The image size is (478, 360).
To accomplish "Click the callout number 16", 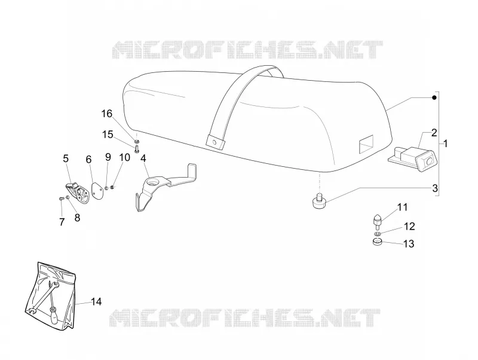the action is click(x=107, y=114).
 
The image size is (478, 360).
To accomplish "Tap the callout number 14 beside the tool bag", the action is click(x=96, y=302).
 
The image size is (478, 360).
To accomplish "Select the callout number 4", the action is click(x=143, y=158).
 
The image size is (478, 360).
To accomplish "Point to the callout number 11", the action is click(x=402, y=207).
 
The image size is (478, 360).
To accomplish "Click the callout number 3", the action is click(x=435, y=188).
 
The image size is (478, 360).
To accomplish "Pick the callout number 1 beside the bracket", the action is click(x=445, y=143).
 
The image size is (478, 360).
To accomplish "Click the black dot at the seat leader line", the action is click(x=434, y=97).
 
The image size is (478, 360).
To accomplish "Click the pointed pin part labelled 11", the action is click(x=377, y=222).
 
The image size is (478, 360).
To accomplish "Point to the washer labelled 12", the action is click(x=377, y=234).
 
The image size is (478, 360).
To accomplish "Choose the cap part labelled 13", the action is click(x=377, y=242).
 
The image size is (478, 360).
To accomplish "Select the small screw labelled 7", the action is click(x=61, y=199).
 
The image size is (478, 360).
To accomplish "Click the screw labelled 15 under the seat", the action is click(x=137, y=149).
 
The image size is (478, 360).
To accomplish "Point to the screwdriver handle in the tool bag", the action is click(x=54, y=316).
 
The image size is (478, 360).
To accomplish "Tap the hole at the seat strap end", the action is click(x=215, y=142).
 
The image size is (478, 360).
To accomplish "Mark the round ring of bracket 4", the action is click(x=152, y=182).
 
